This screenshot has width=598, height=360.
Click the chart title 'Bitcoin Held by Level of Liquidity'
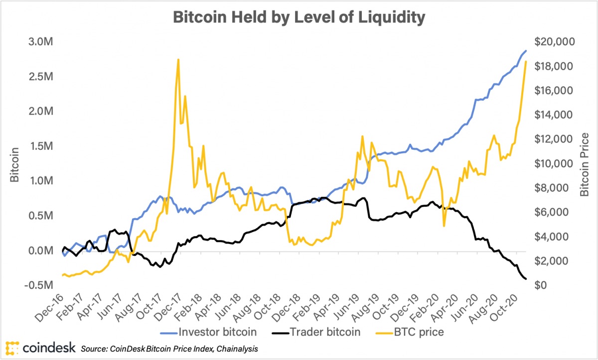(299, 17)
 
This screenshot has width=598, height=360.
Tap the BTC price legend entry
(413, 331)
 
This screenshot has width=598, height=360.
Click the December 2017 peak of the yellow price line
(178, 59)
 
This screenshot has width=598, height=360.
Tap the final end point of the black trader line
(526, 279)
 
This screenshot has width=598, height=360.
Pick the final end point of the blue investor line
(526, 51)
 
